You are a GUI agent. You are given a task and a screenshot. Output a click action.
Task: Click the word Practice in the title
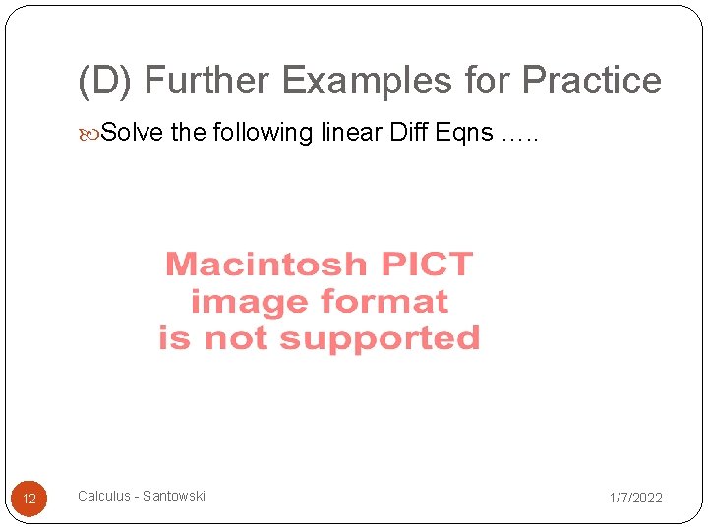[592, 81]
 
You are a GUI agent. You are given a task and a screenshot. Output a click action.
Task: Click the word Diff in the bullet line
[411, 132]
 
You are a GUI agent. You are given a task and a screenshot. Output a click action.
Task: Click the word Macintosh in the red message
[265, 265]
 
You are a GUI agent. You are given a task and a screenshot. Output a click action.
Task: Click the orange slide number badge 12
[29, 499]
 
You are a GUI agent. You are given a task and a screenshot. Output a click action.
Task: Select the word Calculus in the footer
[104, 496]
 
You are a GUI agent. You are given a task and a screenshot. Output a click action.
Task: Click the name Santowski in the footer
[174, 496]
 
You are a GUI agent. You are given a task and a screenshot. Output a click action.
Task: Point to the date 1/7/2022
[635, 498]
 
